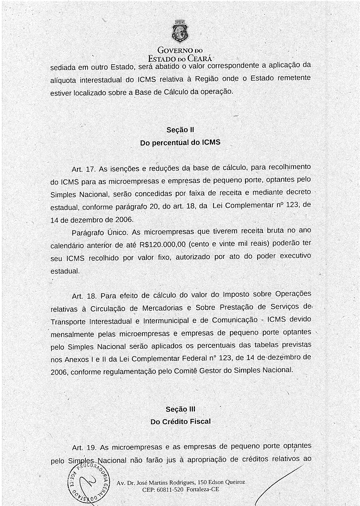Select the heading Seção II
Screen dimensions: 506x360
pyautogui.click(x=180, y=130)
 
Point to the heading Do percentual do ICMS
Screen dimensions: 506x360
pyautogui.click(x=180, y=142)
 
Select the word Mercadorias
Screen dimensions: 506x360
pyautogui.click(x=162, y=308)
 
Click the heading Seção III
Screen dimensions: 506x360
pyautogui.click(x=180, y=409)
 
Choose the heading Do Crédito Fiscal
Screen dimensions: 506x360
pyautogui.click(x=180, y=422)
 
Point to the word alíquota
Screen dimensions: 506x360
pyautogui.click(x=63, y=81)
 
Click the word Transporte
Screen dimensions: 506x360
pyautogui.click(x=68, y=322)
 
